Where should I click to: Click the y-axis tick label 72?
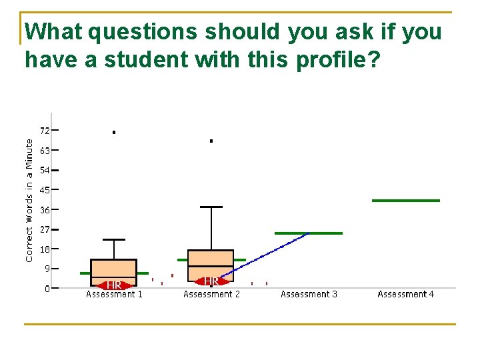coord(45,130)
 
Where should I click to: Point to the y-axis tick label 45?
coord(45,189)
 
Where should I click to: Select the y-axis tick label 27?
coord(45,229)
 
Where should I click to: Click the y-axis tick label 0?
coord(47,289)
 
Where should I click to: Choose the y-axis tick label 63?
coord(45,150)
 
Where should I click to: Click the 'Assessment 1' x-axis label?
coord(114,294)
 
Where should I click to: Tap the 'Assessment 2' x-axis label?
coord(211,294)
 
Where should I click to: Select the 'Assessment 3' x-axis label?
coord(309,294)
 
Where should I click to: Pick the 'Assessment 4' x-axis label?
coord(405,294)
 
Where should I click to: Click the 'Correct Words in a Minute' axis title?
coord(29,200)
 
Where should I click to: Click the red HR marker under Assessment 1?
coord(114,285)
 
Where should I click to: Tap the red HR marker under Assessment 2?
coord(211,281)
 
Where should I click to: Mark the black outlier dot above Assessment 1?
coord(114,133)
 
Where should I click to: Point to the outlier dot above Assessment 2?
coord(211,141)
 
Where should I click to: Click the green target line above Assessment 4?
coord(405,200)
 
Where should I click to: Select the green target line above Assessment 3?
coord(308,233)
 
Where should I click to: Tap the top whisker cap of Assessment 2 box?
coord(211,207)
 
